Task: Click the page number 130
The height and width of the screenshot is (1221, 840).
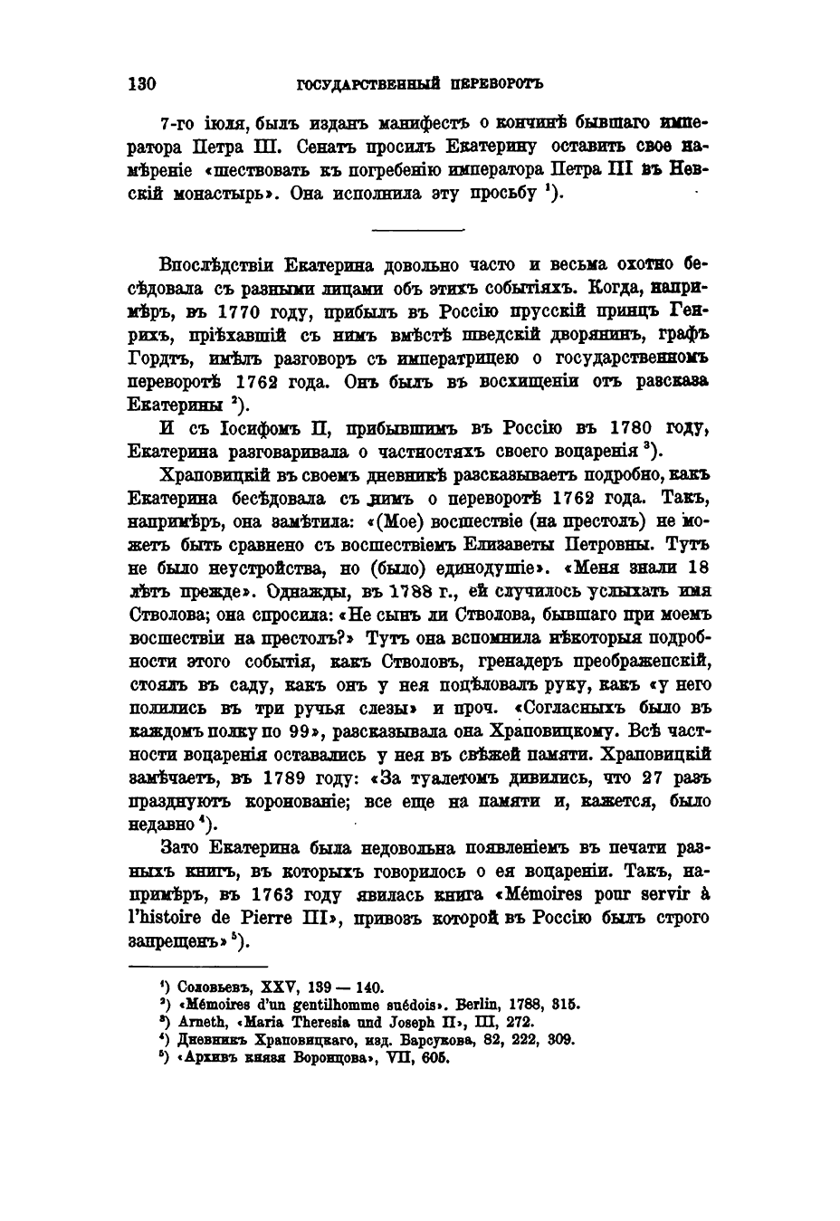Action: [x=143, y=85]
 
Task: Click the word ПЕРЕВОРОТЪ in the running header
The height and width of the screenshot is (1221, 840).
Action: [x=496, y=85]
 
